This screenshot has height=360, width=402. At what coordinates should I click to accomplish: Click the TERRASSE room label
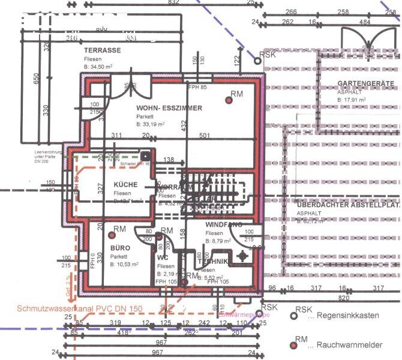tap(103, 50)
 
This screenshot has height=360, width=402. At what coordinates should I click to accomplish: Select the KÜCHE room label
tap(125, 184)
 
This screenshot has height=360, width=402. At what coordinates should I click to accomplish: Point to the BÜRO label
tap(120, 247)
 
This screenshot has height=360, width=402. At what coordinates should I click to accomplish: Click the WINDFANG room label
tap(224, 224)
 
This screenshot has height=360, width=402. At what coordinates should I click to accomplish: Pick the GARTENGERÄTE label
tap(365, 83)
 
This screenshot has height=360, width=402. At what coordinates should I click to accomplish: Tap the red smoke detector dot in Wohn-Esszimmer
tap(228, 100)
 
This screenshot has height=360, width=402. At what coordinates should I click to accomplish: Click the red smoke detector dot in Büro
tap(103, 229)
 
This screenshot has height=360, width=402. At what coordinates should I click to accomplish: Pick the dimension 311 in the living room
tap(116, 136)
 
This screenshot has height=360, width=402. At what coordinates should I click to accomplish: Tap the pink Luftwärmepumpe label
tap(243, 314)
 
